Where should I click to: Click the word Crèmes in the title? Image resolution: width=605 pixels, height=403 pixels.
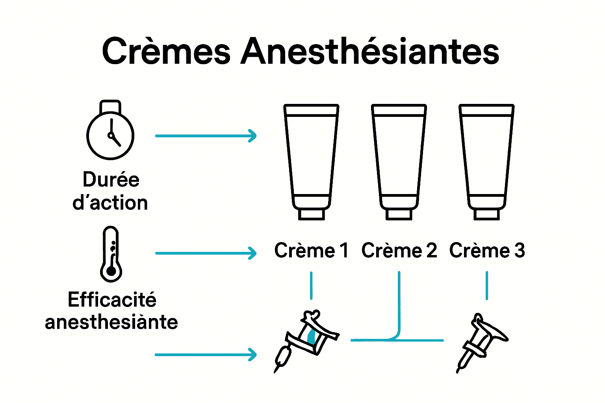coord(166,52)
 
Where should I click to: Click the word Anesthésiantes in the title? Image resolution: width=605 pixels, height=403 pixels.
coord(370,52)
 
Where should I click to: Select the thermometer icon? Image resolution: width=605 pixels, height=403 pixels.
coord(111,254)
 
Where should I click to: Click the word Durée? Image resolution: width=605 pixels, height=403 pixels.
coord(111,180)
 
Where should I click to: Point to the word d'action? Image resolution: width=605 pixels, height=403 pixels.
coord(110,203)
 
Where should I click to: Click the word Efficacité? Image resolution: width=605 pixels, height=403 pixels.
coord(112,300)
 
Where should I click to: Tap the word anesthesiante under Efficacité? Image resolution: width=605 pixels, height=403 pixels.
coord(111,322)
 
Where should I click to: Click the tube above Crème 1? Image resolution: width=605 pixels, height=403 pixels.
coord(311,157)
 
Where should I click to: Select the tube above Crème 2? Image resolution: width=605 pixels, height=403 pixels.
coord(399,157)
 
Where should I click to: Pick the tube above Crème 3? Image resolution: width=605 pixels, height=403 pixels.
coord(486,157)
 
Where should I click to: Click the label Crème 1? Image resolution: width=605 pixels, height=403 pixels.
coord(311,251)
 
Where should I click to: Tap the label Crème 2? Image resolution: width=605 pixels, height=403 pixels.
coord(399,251)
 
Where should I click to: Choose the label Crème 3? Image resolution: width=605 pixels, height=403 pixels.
coord(487,251)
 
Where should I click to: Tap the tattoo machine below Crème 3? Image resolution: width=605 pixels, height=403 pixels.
coord(481,340)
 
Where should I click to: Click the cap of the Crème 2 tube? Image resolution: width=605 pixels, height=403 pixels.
coord(399,214)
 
